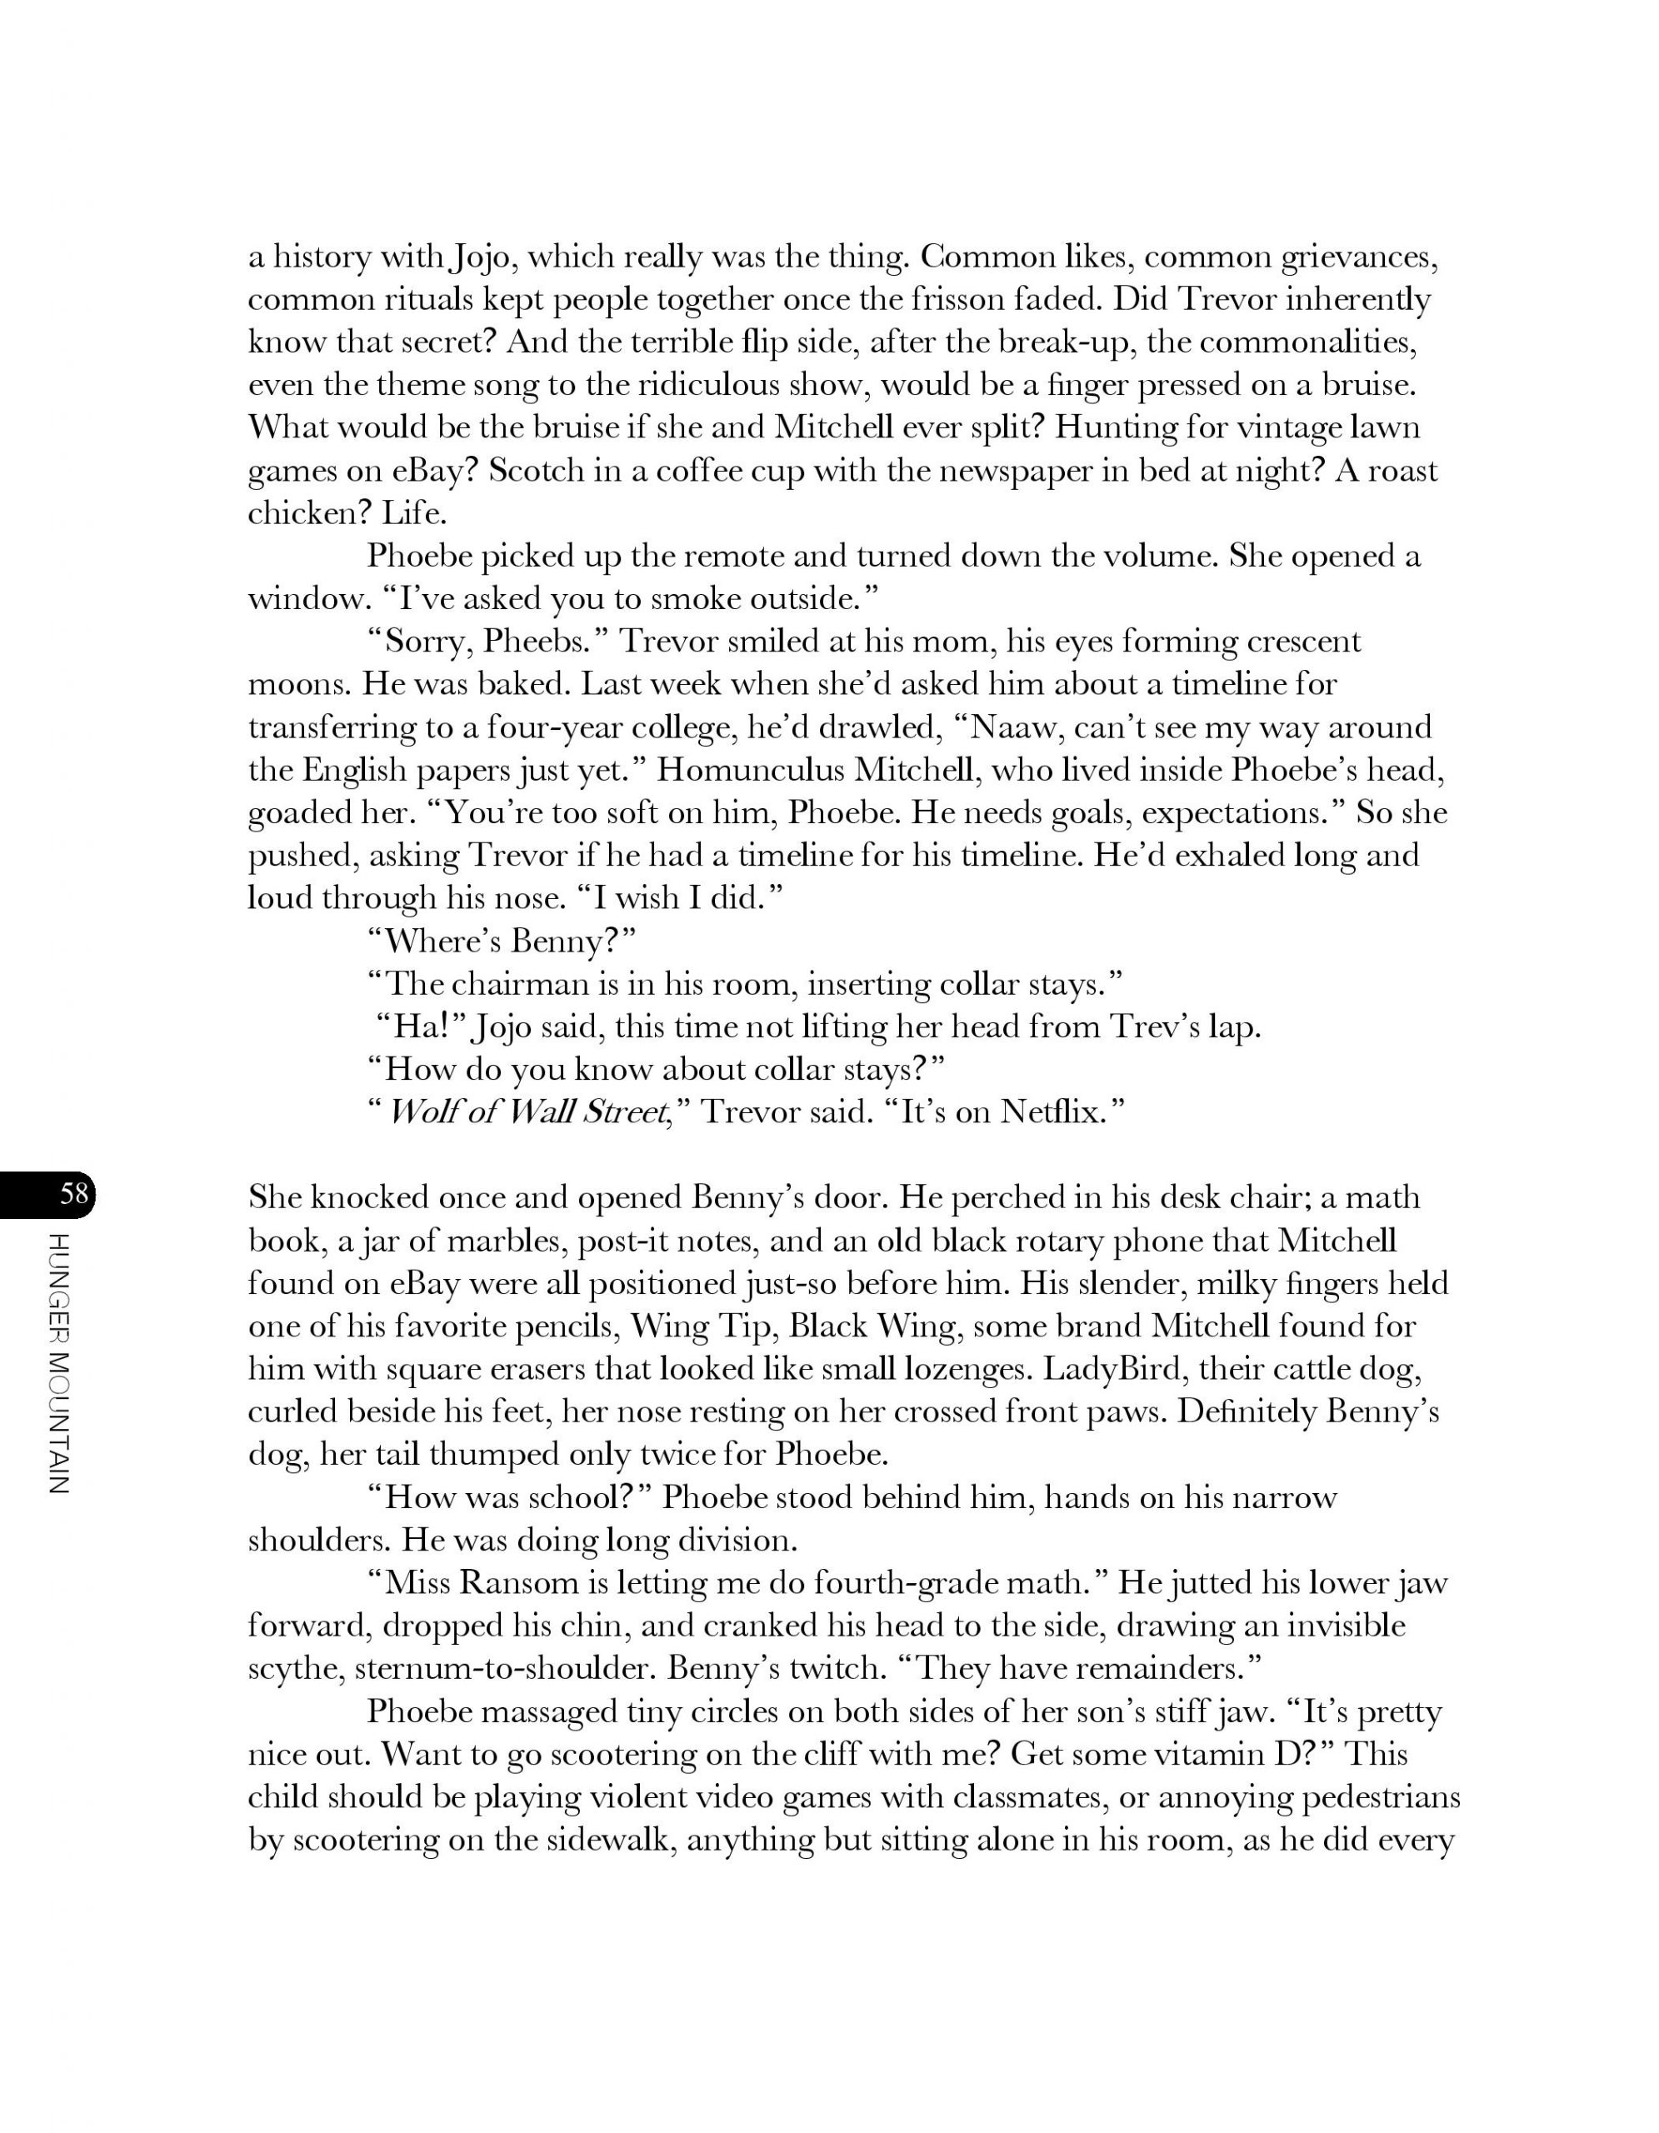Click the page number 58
tap(74, 1193)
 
